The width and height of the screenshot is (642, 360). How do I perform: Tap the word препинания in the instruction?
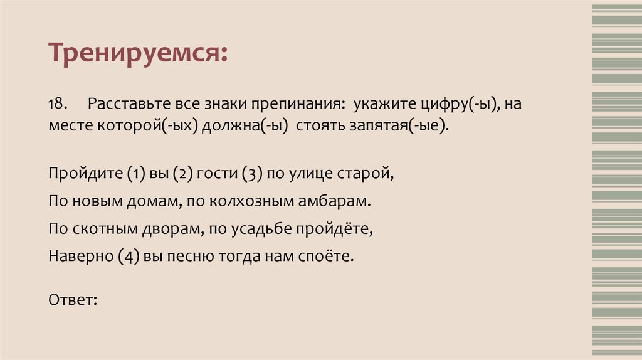point(292,103)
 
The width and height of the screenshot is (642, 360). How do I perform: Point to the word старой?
point(370,174)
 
